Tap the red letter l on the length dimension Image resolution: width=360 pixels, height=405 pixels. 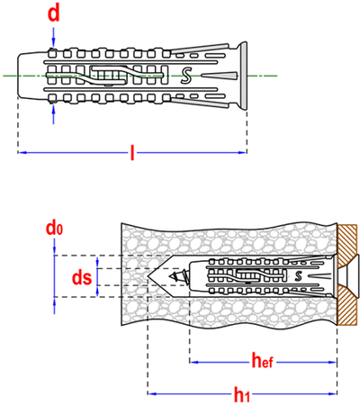point(132,152)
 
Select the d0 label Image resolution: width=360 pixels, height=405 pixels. point(54,229)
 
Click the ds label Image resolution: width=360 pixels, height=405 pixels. point(82,277)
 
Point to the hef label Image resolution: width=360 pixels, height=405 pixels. point(262,361)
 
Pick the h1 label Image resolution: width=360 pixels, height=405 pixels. point(242,394)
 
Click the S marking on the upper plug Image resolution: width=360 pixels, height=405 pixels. point(186,76)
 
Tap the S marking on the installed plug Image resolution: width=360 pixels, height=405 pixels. point(298,276)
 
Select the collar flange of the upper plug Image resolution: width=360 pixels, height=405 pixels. point(243,76)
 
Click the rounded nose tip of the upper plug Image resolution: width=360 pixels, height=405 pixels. point(18,76)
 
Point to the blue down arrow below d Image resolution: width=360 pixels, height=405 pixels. point(53,37)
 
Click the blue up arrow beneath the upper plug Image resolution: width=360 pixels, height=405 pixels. point(54,114)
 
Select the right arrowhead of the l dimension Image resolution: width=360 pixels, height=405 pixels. point(242,152)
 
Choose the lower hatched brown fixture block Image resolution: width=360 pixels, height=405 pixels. point(347,305)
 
